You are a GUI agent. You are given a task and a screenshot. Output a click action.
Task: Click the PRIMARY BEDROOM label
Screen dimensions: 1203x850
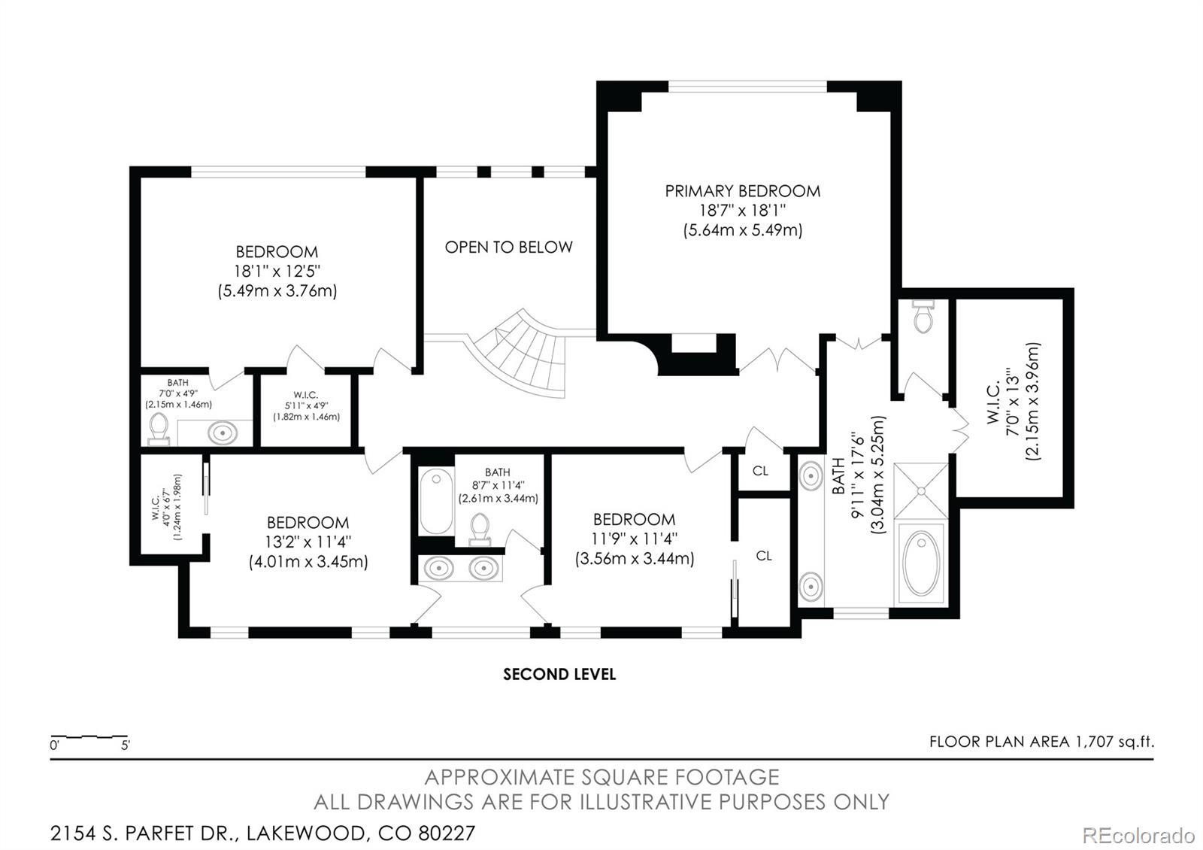pyautogui.click(x=742, y=191)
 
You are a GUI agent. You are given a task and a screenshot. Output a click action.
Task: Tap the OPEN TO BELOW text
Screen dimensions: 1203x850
pyautogui.click(x=508, y=247)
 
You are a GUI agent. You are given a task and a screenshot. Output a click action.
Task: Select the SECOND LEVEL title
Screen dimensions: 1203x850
pyautogui.click(x=559, y=674)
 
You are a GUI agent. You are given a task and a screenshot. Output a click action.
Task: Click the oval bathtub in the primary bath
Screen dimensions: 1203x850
pyautogui.click(x=921, y=563)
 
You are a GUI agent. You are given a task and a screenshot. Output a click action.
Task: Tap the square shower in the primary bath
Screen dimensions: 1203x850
pyautogui.click(x=921, y=490)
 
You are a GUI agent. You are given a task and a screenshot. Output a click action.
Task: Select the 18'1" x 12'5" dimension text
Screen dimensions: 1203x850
pyautogui.click(x=277, y=272)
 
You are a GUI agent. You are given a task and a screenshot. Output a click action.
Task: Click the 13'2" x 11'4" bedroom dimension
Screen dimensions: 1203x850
pyautogui.click(x=308, y=542)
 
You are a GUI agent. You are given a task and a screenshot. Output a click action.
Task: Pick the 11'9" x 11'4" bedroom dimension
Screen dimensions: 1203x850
pyautogui.click(x=635, y=539)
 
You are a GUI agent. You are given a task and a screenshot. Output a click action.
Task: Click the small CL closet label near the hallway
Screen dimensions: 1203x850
pyautogui.click(x=760, y=471)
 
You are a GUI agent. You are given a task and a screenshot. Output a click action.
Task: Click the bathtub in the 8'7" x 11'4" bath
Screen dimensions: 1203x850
pyautogui.click(x=436, y=501)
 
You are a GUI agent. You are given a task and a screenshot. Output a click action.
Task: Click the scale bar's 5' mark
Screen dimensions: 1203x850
pyautogui.click(x=125, y=745)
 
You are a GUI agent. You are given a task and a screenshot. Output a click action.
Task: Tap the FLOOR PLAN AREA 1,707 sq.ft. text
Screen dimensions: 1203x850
pyautogui.click(x=1041, y=742)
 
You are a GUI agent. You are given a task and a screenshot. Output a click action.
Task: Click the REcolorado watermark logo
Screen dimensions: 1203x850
pyautogui.click(x=1138, y=836)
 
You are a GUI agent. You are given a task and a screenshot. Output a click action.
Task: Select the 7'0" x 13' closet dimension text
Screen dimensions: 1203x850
pyautogui.click(x=1013, y=402)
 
